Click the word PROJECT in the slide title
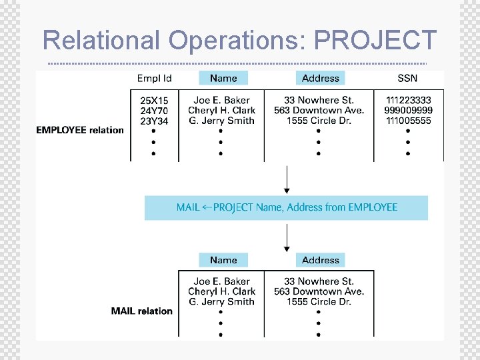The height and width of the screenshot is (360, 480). (375, 40)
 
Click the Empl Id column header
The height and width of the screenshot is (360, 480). (154, 78)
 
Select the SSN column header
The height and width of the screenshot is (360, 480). (407, 78)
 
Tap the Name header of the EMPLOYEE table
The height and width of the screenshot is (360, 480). (223, 78)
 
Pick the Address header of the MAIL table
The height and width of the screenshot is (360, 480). (321, 260)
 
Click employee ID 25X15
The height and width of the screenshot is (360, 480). (154, 101)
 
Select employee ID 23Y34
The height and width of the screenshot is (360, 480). (154, 121)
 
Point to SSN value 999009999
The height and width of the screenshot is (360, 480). (408, 111)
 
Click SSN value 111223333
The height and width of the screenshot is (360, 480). (408, 101)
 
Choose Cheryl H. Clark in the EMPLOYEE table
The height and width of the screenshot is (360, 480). (221, 111)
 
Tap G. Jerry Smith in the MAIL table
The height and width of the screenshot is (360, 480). (221, 301)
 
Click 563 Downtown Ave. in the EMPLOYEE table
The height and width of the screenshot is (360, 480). (319, 111)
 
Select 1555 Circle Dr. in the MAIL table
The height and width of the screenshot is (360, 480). (319, 301)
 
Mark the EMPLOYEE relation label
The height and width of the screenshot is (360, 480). (80, 130)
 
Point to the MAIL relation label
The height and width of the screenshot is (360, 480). (141, 311)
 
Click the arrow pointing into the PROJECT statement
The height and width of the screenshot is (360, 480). (287, 180)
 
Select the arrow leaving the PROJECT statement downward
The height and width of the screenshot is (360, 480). (287, 237)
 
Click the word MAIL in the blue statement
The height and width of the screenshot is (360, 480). (188, 207)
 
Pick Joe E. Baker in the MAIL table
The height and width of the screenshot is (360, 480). (221, 281)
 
